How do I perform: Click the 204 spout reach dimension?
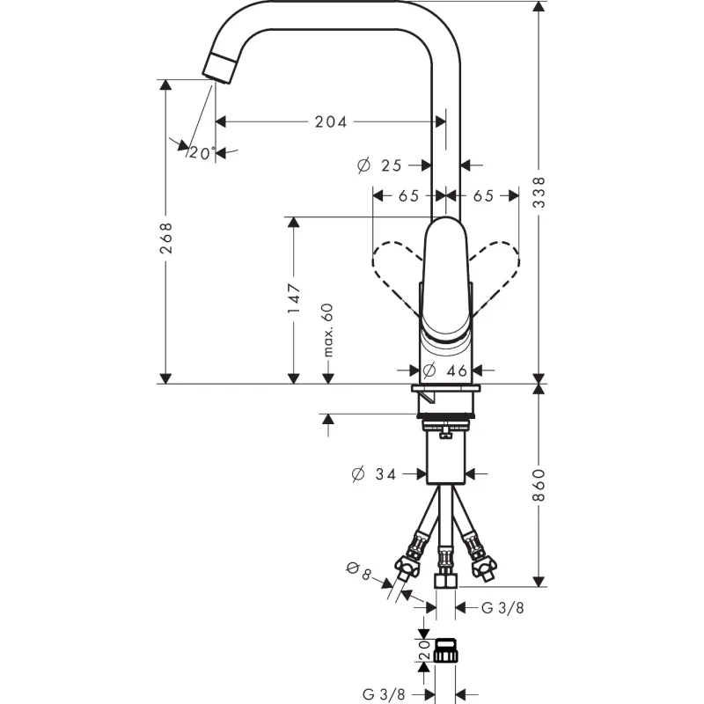click(331, 121)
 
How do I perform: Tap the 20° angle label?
click(202, 153)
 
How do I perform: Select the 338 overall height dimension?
click(539, 192)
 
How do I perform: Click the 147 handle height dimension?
click(294, 298)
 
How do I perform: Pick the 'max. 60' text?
click(328, 330)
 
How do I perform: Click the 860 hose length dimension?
click(539, 485)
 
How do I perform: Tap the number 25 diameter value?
click(391, 165)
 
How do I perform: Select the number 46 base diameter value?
click(457, 370)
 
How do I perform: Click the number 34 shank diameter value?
click(385, 474)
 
